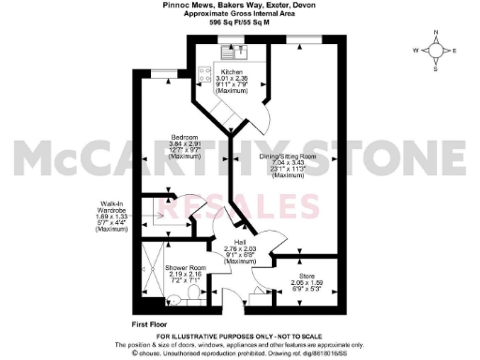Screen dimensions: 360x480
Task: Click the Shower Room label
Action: [185, 267]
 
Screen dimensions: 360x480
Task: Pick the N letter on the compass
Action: [436, 33]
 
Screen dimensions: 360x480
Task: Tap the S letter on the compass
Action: [436, 68]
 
